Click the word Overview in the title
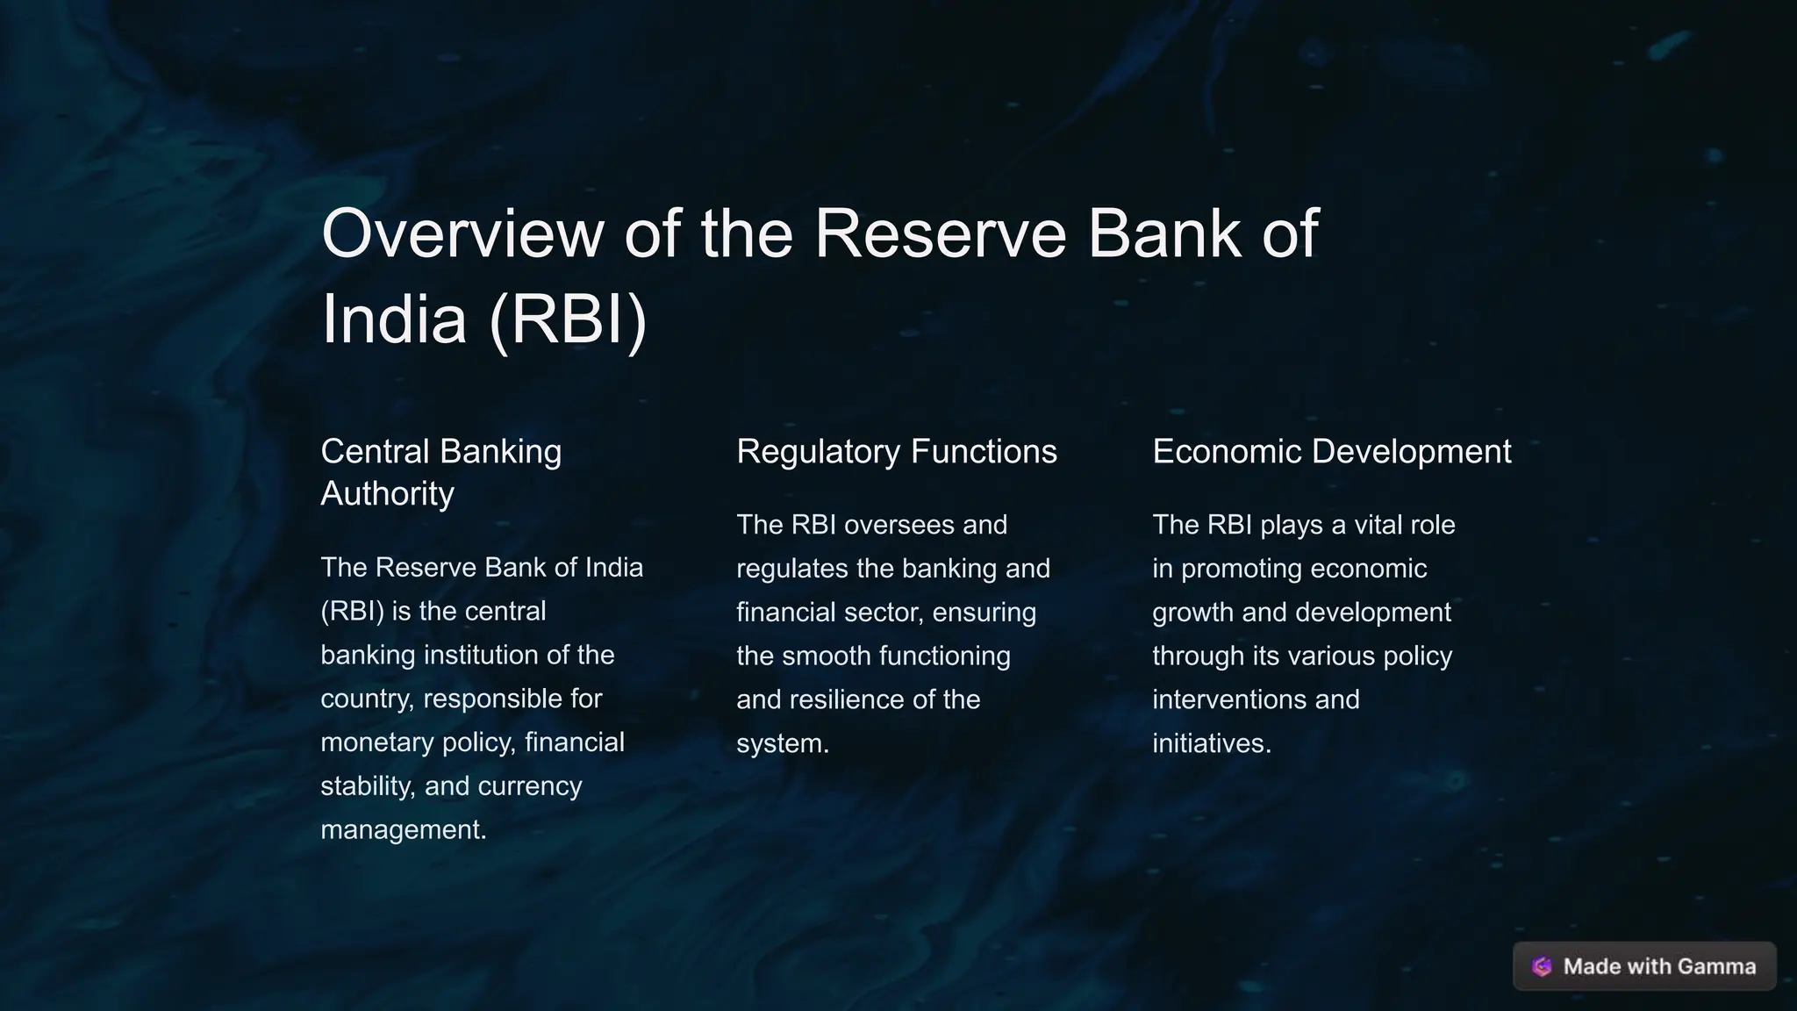coord(462,233)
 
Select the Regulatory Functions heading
coord(896,451)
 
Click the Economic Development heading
coord(1331,451)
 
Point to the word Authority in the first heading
coord(387,493)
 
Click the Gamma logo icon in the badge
coord(1542,966)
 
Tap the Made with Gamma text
coord(1659,966)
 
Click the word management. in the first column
coord(404,829)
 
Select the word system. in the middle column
coord(783,743)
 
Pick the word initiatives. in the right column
coord(1211,743)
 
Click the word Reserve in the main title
coord(940,233)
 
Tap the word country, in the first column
coord(368,699)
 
